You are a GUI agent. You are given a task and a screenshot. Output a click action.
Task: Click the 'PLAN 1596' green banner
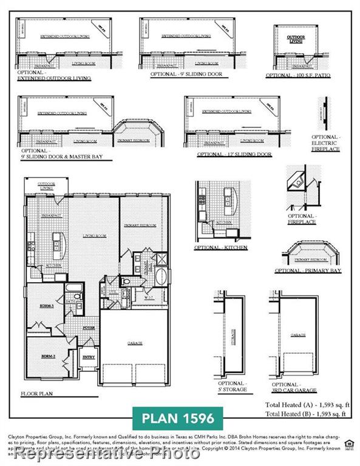(x=177, y=418)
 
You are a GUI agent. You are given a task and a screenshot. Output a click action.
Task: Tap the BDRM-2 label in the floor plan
(x=49, y=357)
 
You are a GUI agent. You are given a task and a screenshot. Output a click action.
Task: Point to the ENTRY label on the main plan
(x=88, y=357)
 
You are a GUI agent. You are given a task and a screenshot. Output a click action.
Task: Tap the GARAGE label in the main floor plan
(x=135, y=343)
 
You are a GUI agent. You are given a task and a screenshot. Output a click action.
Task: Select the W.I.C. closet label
(x=148, y=297)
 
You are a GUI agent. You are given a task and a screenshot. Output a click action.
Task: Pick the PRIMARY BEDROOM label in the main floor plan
(x=140, y=225)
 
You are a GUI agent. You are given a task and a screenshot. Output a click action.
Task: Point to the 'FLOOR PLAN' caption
(x=37, y=393)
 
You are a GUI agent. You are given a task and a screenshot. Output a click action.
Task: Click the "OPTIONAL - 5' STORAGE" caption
(x=232, y=387)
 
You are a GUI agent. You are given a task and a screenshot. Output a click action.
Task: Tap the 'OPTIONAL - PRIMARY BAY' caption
(x=308, y=271)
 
